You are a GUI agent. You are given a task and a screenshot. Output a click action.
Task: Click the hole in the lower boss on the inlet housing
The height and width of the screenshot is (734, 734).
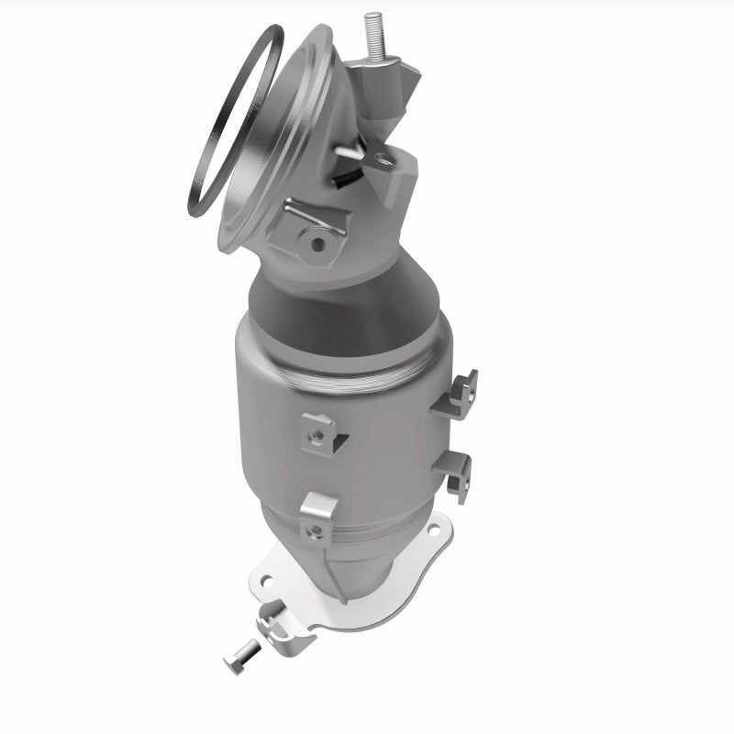(x=318, y=243)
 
